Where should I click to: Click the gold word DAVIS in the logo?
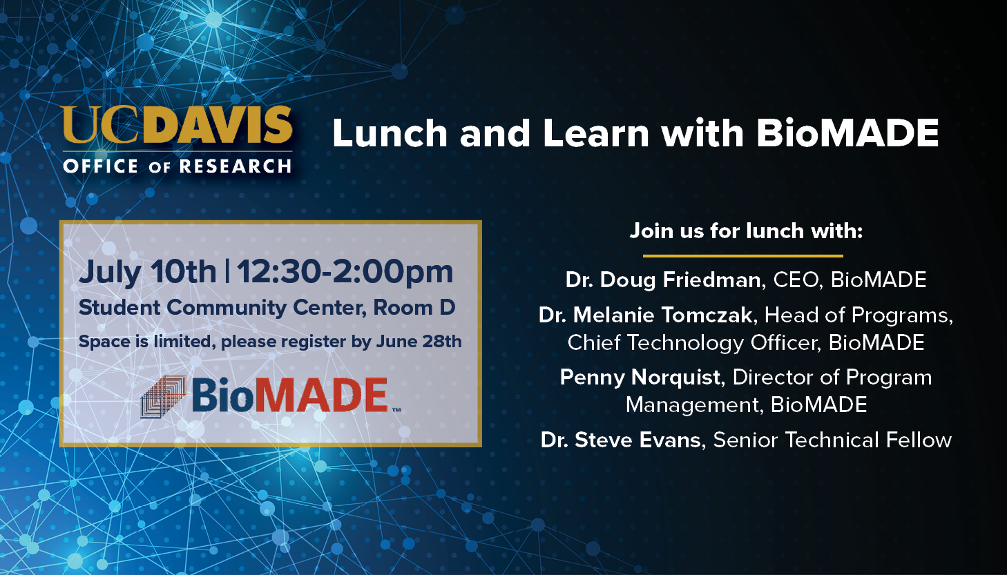pos(219,124)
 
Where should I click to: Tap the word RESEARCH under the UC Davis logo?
pos(236,166)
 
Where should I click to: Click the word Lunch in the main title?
pos(390,133)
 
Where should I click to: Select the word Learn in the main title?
pos(596,133)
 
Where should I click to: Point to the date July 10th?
pos(147,273)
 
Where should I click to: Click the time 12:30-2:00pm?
pos(345,273)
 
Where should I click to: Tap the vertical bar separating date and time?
pos(227,272)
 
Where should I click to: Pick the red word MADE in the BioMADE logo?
pos(322,395)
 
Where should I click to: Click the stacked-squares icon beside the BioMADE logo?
pos(163,396)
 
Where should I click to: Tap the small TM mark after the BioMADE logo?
pos(396,410)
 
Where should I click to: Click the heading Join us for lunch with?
pos(746,231)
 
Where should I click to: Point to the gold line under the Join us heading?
pos(742,256)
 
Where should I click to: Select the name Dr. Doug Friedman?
pos(663,280)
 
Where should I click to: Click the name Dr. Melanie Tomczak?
pos(646,315)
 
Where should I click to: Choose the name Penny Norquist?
pos(640,378)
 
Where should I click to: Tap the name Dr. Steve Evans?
pos(621,440)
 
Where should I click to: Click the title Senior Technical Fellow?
pos(832,440)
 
